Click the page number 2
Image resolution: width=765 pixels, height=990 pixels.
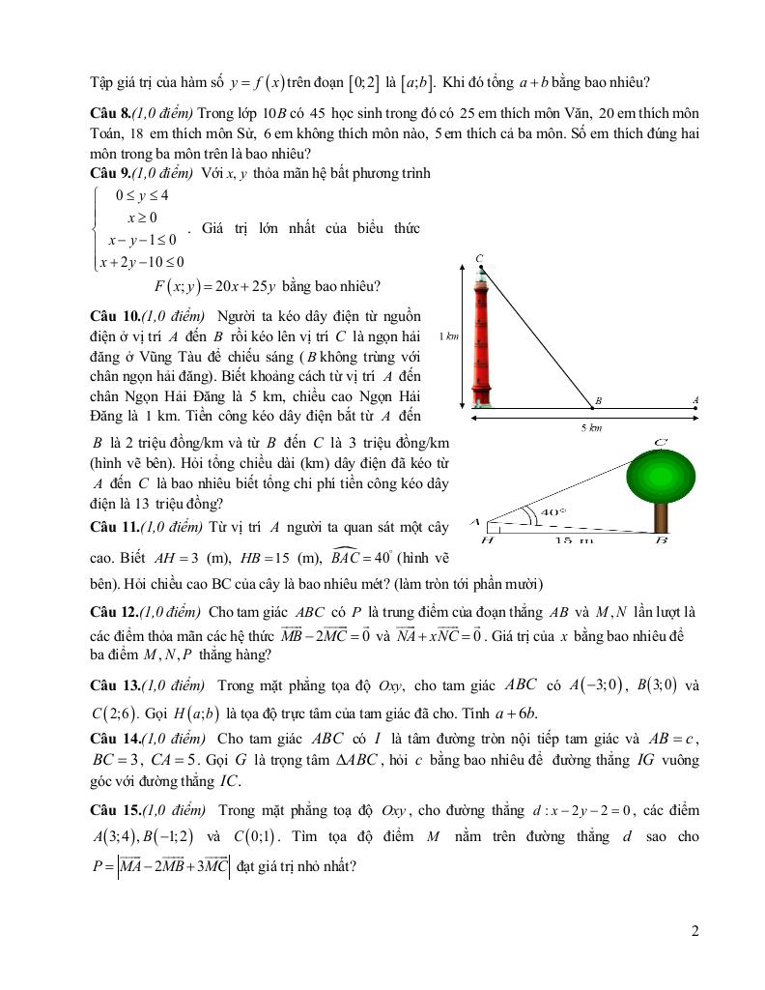[695, 931]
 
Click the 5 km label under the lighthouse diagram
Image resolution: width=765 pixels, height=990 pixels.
[597, 426]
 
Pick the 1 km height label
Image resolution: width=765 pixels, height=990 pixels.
[447, 336]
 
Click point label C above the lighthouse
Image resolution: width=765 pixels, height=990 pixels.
[479, 258]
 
